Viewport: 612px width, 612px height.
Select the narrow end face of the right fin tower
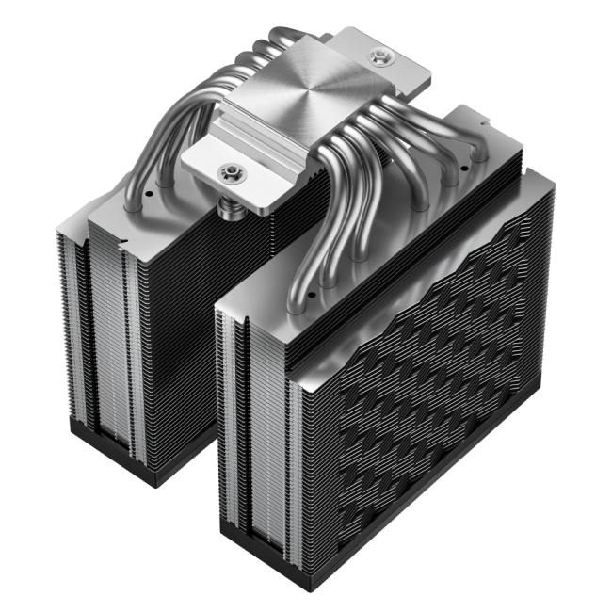[254, 424]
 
